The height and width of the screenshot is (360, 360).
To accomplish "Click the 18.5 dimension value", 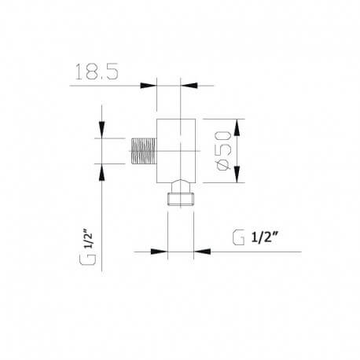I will coord(97,73).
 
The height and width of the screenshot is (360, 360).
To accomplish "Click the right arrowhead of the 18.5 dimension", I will coord(189,85).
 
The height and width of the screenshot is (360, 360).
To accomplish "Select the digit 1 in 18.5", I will coord(77,73).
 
